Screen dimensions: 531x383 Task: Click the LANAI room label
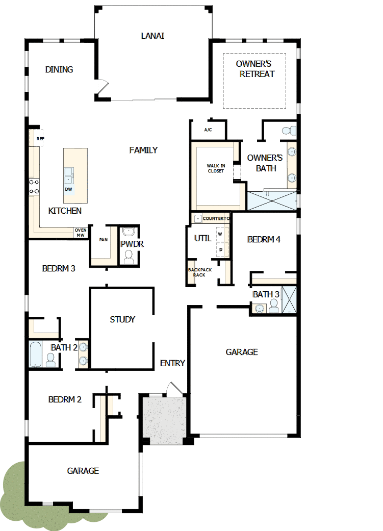tap(152, 36)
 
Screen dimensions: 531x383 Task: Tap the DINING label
tap(59, 69)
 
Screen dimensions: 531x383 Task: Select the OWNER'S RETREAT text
tap(255, 69)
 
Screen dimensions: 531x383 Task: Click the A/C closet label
tap(208, 130)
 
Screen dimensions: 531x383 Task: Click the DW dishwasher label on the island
tap(68, 189)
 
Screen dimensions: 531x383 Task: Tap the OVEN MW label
tap(81, 232)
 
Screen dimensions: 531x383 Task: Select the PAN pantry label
tap(104, 240)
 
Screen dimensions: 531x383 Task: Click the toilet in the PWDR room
tap(129, 256)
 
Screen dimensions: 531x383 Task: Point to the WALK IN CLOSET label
tap(216, 168)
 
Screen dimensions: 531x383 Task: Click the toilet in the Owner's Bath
tap(289, 130)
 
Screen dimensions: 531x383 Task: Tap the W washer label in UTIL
tap(220, 234)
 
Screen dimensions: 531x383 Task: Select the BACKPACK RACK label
tap(199, 272)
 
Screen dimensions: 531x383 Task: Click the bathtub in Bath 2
tap(35, 353)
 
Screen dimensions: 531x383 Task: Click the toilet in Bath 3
tap(274, 306)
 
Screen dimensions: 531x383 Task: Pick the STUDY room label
tap(122, 319)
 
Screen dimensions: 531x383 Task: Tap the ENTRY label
tap(172, 363)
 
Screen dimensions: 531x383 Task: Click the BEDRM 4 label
tap(264, 239)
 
